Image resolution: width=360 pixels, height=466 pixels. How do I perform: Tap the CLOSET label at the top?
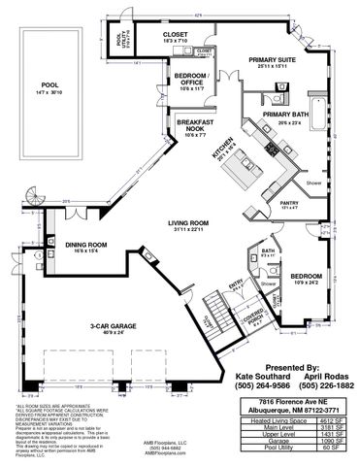(x=176, y=34)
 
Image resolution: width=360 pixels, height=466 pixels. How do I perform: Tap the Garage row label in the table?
(x=269, y=442)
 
